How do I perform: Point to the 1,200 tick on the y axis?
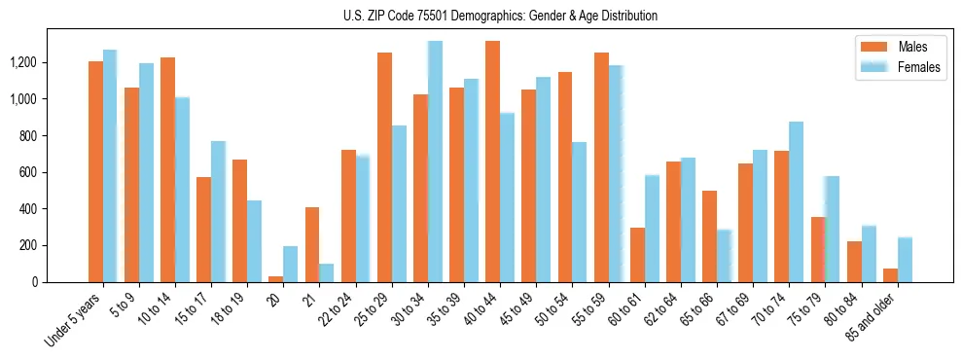pyautogui.click(x=51, y=62)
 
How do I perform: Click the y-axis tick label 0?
pyautogui.click(x=62, y=282)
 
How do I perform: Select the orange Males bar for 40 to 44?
pyautogui.click(x=492, y=162)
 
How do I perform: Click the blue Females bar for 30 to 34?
pyautogui.click(x=435, y=162)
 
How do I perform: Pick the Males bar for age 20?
pyautogui.click(x=276, y=278)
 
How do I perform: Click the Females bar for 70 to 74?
pyautogui.click(x=796, y=201)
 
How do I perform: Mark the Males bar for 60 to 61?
pyautogui.click(x=637, y=255)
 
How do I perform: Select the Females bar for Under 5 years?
pyautogui.click(x=110, y=165)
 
